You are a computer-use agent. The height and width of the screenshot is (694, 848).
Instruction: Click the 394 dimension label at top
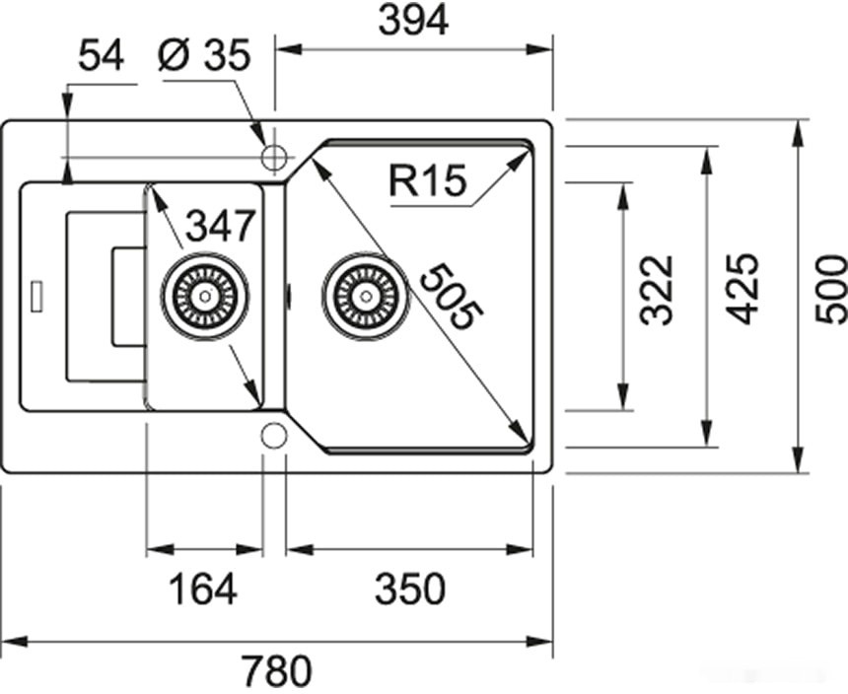coord(413,20)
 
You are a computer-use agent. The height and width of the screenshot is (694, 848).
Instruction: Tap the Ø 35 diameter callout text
coord(204,56)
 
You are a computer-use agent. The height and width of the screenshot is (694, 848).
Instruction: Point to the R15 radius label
coord(426,181)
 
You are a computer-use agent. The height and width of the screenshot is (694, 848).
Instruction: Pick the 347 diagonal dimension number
coord(220,227)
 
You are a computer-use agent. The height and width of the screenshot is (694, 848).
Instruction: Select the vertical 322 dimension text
coord(656,290)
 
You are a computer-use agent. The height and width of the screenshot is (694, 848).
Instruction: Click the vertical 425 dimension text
coord(742,289)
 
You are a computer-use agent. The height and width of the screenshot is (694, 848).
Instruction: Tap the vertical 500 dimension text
coord(831,289)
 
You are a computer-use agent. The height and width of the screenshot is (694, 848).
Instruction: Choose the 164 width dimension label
coord(202,590)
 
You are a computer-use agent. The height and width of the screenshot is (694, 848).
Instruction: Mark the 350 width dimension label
coord(410,590)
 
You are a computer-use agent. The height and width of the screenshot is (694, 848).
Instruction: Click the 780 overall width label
coord(276,672)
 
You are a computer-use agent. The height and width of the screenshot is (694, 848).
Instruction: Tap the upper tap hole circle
coord(273,157)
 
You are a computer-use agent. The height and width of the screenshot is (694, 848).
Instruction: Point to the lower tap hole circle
coord(273,435)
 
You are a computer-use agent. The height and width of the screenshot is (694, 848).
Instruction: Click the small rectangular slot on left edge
coord(38,297)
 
